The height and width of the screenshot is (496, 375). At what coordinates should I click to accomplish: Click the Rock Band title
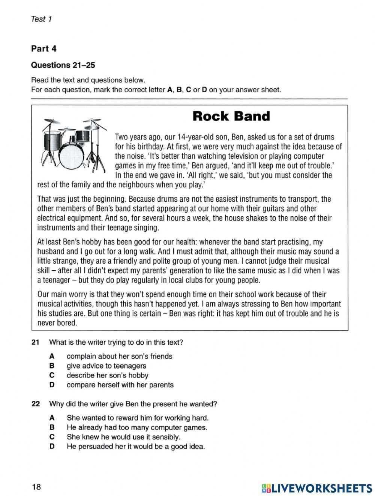pos(231,116)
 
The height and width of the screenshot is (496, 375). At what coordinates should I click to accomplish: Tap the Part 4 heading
pos(43,48)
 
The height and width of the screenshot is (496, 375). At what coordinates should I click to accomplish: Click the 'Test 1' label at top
pos(41,19)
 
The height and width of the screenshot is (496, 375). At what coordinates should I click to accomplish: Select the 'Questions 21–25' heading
pos(63,65)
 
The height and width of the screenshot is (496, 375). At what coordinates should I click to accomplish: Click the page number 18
pos(36,487)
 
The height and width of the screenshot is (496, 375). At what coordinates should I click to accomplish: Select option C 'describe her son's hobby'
pos(107,375)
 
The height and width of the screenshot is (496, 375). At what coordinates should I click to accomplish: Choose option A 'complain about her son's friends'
pos(119,356)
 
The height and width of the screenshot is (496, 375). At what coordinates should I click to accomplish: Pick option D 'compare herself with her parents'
pos(120,385)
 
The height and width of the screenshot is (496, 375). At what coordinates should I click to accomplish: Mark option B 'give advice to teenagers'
pos(106,366)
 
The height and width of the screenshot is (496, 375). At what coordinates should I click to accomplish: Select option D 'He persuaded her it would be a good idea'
pos(135,447)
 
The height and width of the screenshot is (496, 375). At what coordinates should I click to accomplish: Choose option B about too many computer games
pos(136,427)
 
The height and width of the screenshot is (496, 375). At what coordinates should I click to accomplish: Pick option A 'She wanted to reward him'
pos(137,418)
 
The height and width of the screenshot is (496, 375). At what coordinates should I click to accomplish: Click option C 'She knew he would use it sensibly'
pos(123,437)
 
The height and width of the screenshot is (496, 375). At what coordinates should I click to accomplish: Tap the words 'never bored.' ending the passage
pos(57,323)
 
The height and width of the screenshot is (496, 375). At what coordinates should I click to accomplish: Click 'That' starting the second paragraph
pos(44,199)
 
